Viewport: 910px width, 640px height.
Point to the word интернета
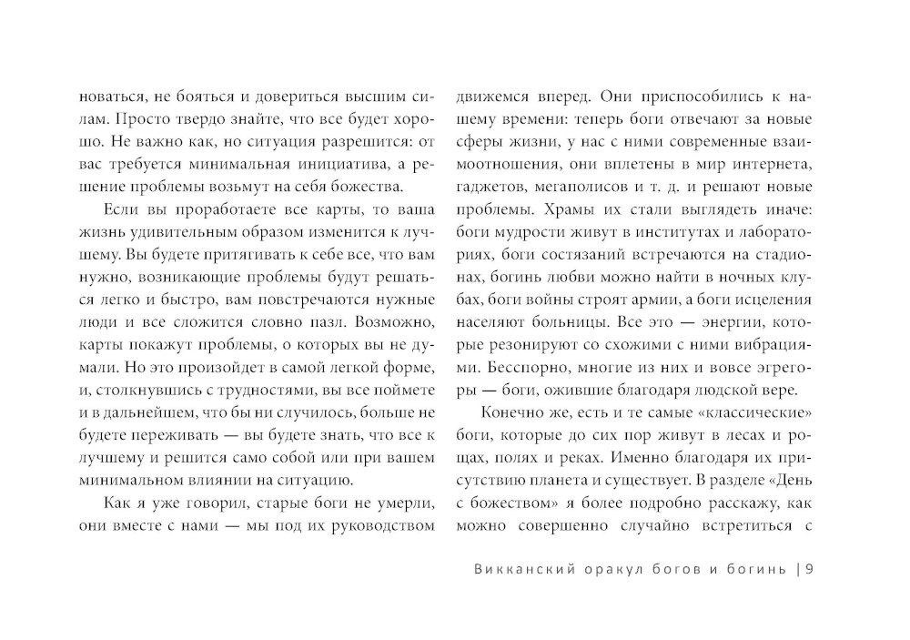coord(772,164)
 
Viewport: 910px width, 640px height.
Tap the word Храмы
coord(575,209)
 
